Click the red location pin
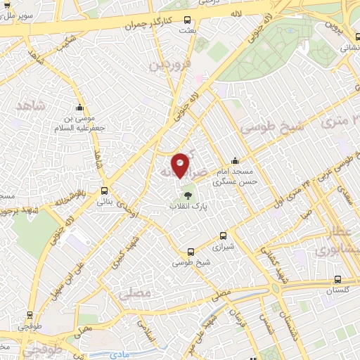click(180, 165)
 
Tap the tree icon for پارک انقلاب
click(187, 195)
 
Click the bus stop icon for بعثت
click(186, 20)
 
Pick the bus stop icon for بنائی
click(105, 191)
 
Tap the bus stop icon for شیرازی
click(223, 236)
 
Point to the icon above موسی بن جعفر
click(79, 108)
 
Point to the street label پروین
click(337, 26)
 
